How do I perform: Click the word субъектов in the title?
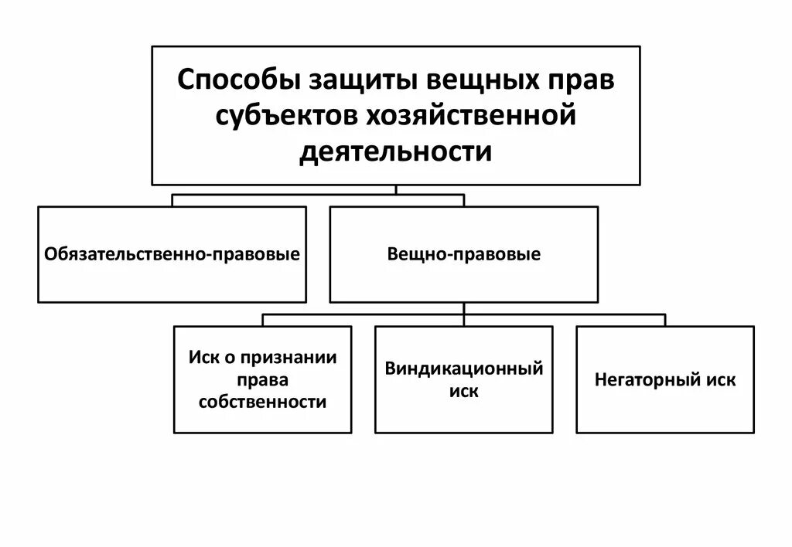click(284, 116)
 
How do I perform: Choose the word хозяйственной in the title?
click(468, 116)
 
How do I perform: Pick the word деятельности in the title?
click(396, 151)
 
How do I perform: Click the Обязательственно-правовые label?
click(172, 254)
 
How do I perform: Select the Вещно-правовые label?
click(464, 254)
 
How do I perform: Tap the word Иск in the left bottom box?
click(203, 358)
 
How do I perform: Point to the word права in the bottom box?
click(262, 379)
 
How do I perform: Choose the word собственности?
click(262, 402)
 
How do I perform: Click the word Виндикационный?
click(464, 369)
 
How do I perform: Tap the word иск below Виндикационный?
click(464, 391)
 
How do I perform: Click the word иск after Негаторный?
click(721, 380)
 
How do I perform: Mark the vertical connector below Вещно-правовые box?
click(464, 308)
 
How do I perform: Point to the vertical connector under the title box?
click(396, 190)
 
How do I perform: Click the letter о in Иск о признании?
click(230, 358)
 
